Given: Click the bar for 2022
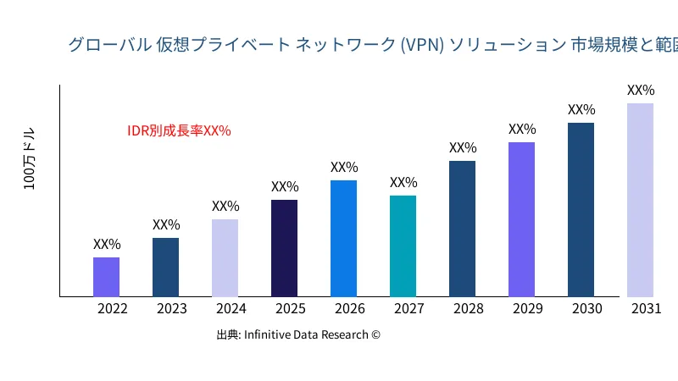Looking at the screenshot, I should pos(106,277).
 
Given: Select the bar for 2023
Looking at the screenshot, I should pos(165,268).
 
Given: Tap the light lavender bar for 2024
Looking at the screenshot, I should pos(225,258).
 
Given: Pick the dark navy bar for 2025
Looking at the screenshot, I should pos(284,248).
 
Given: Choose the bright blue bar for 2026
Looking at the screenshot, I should pos(343,239).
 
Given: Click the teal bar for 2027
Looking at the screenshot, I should pos(403,246).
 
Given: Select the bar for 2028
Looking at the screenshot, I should pos(462,229).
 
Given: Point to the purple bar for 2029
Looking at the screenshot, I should pos(521,219).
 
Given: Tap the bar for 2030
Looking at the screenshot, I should pos(581,210).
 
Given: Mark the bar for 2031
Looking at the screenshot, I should pos(640,200).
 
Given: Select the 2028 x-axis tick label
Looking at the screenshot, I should pos(469,309).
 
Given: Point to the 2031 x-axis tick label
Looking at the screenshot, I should pos(647,309).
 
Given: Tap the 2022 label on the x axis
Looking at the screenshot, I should pos(113,309).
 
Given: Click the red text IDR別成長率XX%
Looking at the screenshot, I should pos(179,131).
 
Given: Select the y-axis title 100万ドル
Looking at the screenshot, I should pos(30,160).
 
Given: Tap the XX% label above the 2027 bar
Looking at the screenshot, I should pos(403,183).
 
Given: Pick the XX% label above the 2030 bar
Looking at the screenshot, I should pos(581,110).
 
